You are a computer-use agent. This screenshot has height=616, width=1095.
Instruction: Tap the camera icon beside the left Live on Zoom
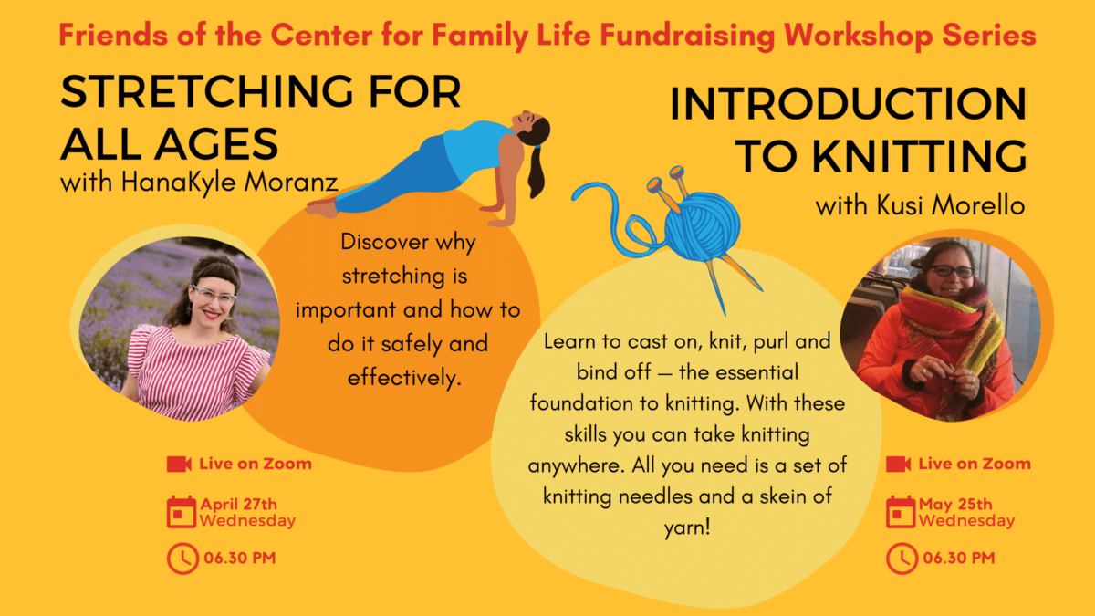[179, 465]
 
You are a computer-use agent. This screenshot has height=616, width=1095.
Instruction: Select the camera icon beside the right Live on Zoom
[898, 465]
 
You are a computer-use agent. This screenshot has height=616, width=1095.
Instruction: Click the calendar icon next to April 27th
[181, 511]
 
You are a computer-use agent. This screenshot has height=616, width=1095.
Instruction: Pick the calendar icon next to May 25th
[901, 511]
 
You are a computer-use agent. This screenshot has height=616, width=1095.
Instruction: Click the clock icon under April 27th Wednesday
[181, 558]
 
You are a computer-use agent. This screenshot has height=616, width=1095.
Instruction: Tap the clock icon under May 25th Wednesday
[901, 558]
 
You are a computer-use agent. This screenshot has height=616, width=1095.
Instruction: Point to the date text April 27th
[238, 504]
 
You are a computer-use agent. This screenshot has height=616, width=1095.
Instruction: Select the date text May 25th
[955, 504]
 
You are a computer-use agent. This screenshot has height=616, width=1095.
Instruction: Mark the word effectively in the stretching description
[402, 377]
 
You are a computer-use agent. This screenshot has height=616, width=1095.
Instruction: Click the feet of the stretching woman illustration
[322, 209]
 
